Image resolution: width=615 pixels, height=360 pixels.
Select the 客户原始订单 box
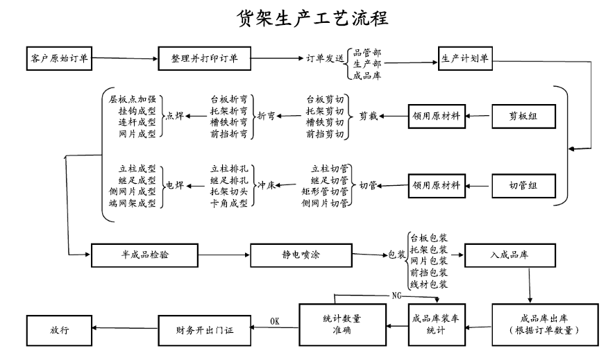point(59,58)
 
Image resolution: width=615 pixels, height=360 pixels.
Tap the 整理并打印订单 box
point(204,58)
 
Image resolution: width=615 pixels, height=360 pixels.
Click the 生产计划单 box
point(465,58)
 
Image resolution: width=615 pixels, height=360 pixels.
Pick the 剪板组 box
point(524,116)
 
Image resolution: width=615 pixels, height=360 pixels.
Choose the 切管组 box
point(524,185)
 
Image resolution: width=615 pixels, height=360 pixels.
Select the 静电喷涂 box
point(296,255)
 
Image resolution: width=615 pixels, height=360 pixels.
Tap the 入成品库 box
point(509,255)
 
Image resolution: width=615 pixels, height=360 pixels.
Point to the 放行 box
point(59,329)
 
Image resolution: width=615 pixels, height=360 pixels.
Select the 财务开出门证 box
point(204,329)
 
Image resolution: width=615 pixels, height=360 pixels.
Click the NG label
point(396,295)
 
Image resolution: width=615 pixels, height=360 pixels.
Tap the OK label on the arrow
point(274,320)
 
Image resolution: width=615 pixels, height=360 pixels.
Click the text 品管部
point(367,51)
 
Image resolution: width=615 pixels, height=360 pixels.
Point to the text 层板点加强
point(133,98)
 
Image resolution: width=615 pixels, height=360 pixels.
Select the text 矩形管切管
point(325,191)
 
